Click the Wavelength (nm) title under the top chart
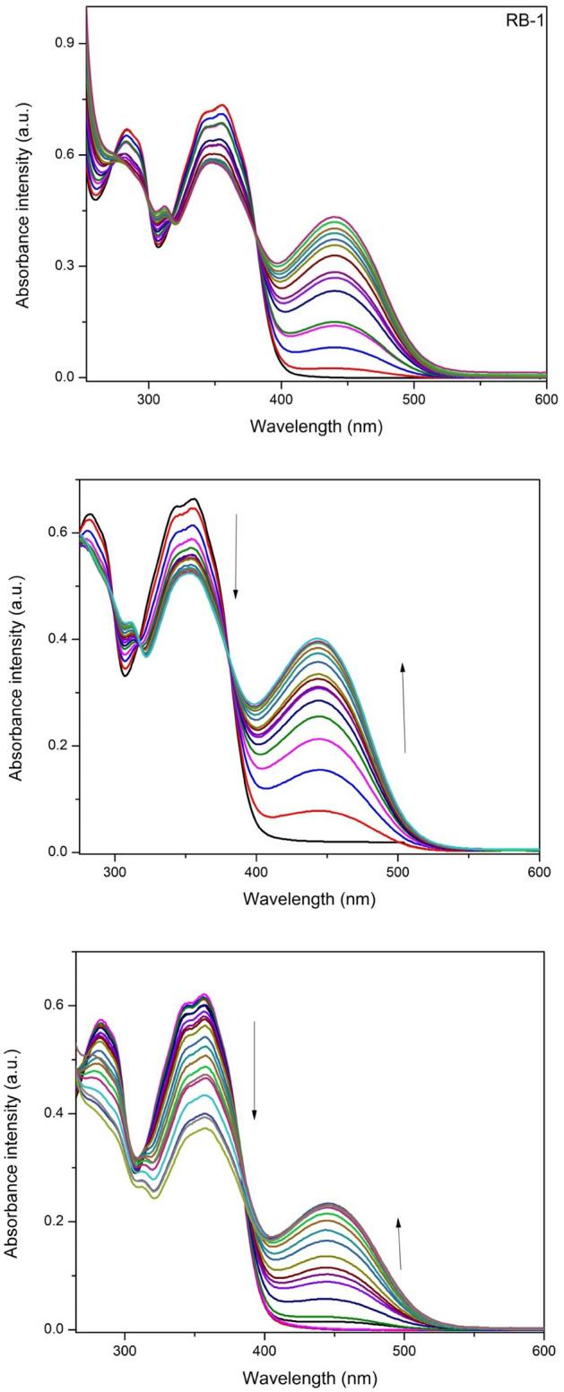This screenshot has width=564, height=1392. click(317, 426)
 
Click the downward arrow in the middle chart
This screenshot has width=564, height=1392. click(236, 556)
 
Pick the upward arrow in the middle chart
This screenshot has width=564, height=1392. click(403, 707)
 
